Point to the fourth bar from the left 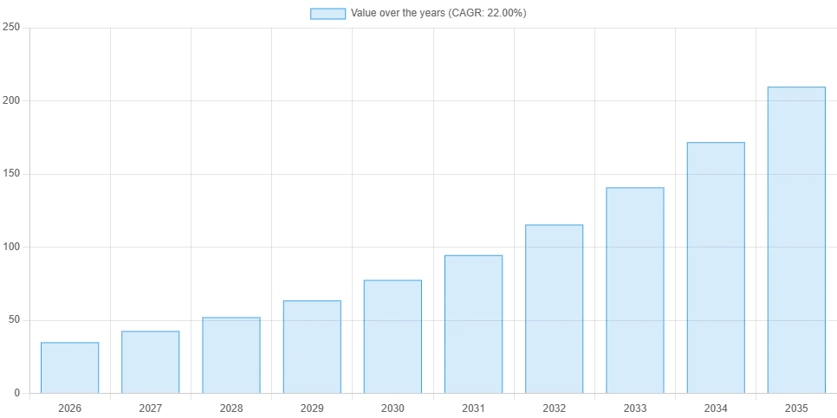[312, 346]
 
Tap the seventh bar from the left [555, 308]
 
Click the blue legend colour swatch [328, 14]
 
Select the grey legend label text [436, 14]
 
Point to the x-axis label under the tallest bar [795, 408]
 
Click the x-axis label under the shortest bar [69, 408]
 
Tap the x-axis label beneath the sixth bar [471, 408]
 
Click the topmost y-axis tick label [11, 28]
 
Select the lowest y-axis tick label [16, 395]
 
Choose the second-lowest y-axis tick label [13, 319]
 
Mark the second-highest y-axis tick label [11, 99]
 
